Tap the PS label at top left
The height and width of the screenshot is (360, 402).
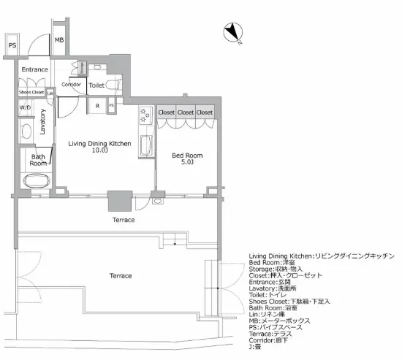[12, 45]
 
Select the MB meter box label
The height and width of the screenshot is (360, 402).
[58, 40]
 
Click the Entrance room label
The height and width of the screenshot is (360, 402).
[34, 69]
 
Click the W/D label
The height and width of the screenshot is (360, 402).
[26, 107]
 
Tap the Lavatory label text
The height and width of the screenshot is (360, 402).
[43, 119]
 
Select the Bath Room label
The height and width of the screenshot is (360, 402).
[38, 160]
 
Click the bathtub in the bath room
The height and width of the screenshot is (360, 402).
[37, 180]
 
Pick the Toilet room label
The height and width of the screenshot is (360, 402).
[96, 85]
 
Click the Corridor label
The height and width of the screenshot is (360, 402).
[72, 85]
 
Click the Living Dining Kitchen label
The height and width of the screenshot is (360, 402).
[99, 144]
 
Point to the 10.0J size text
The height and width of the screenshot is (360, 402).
[100, 151]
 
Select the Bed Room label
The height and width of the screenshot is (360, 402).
[187, 156]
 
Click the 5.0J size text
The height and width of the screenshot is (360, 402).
[187, 163]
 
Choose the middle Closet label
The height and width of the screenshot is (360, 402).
[186, 112]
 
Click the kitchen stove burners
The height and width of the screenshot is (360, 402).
[144, 114]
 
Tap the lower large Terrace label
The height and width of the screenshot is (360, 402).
[121, 275]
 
